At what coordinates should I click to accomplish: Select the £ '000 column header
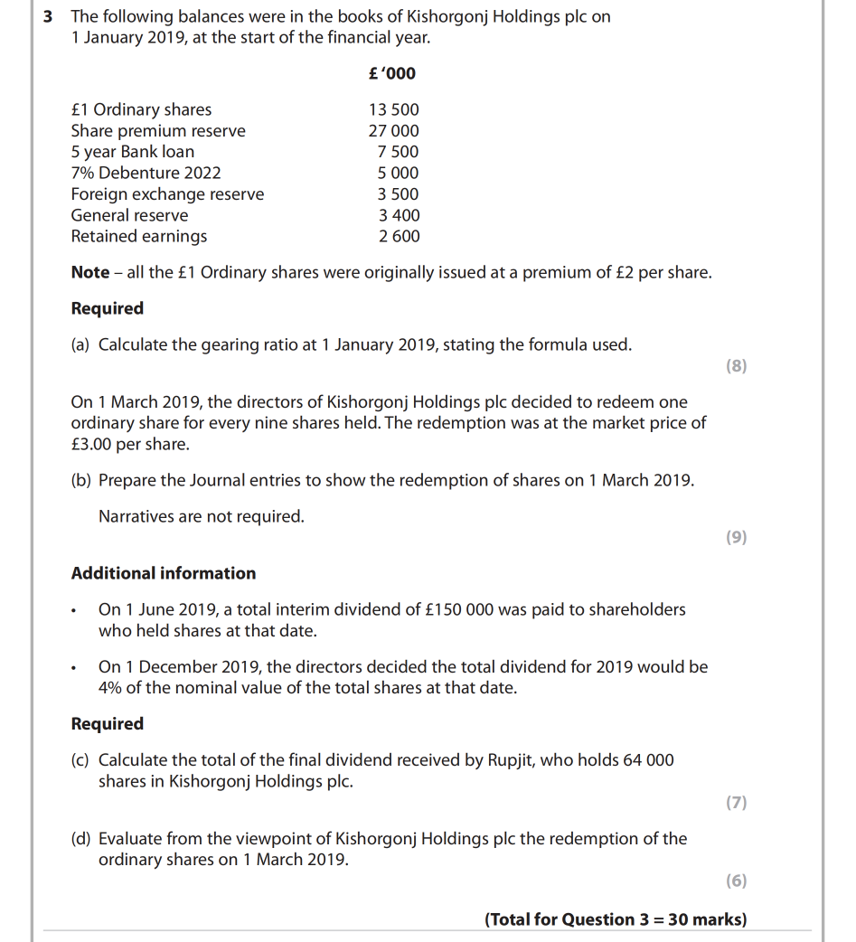(x=392, y=73)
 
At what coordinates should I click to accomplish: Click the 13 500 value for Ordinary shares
(x=393, y=109)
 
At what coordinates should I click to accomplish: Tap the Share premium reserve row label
(x=158, y=131)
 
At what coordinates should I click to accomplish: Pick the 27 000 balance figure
(x=393, y=131)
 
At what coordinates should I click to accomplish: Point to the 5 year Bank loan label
(x=133, y=152)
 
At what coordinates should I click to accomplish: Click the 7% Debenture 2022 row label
(x=146, y=173)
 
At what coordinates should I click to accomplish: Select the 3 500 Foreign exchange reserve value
(x=398, y=194)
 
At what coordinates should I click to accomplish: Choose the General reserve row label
(x=130, y=215)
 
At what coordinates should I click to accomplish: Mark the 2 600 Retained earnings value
(x=398, y=237)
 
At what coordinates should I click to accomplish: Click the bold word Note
(x=90, y=272)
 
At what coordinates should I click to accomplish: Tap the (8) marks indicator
(x=736, y=366)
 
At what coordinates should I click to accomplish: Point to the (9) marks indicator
(x=736, y=538)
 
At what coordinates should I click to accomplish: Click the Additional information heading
(x=164, y=573)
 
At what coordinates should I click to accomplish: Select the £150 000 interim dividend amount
(x=459, y=610)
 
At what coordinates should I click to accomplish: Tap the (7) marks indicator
(x=736, y=803)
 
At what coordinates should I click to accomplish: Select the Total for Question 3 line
(x=616, y=920)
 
